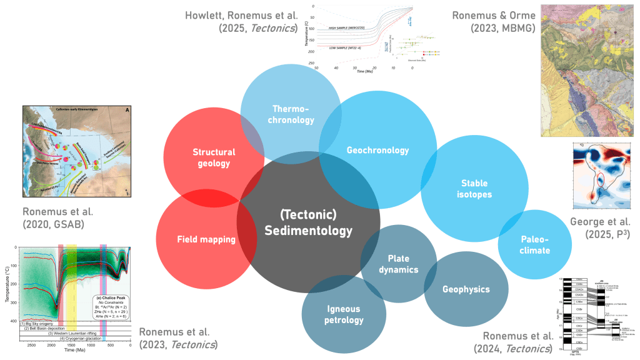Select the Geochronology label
coord(377,150)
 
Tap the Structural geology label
coord(214,157)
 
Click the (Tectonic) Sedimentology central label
coord(308,223)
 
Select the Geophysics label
coord(466,289)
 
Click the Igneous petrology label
coord(344,314)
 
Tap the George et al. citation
coord(601,229)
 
